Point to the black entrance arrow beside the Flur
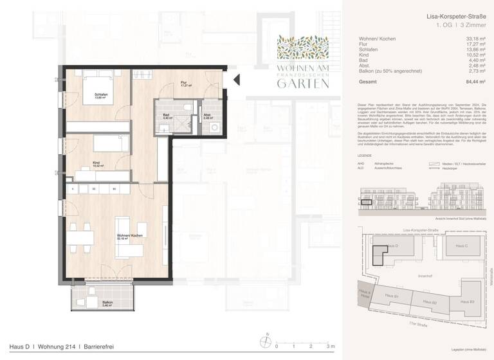pyautogui.click(x=235, y=80)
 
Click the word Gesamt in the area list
pyautogui.click(x=369, y=82)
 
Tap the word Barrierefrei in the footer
pyautogui.click(x=98, y=347)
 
